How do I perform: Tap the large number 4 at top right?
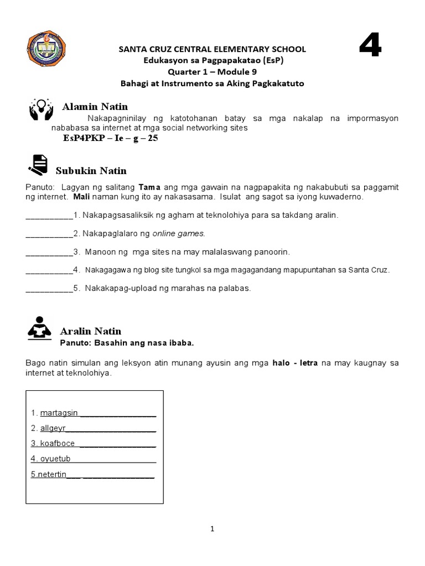point(370,45)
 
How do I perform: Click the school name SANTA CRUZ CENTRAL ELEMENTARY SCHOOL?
point(212,50)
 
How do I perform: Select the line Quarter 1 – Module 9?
point(212,72)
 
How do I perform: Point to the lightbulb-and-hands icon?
point(41,109)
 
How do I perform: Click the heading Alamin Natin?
point(95,107)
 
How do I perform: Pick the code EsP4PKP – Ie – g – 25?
point(111,138)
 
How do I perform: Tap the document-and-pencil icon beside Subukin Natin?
point(38,165)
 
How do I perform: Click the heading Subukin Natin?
point(91,171)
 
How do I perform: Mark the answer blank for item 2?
point(49,234)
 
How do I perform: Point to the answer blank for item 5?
point(49,288)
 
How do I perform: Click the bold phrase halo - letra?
point(296,363)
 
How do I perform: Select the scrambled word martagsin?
point(60,413)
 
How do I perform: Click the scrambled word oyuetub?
point(55,459)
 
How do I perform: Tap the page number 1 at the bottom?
point(212,529)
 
